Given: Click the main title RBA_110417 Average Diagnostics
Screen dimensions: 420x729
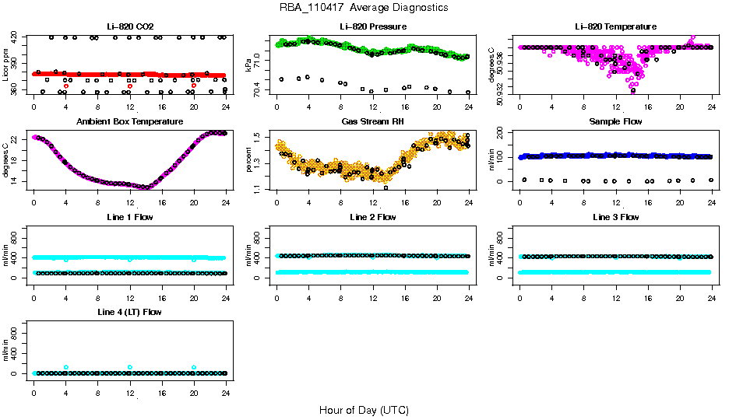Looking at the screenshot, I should pos(364,8).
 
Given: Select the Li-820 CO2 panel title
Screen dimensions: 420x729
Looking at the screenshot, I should pos(130,27).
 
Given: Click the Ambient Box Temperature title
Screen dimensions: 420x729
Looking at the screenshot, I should pos(130,122).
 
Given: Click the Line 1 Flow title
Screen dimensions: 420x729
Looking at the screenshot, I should pos(130,217).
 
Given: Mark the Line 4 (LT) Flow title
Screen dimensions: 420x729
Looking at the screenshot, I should pos(130,312).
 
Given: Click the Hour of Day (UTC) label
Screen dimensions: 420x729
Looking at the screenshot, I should pos(364,410).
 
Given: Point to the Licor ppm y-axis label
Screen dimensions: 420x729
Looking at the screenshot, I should pos(6,65).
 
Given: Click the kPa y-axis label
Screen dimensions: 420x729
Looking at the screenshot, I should pos(249,65).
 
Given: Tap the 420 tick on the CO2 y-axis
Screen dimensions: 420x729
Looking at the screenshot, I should pos(17,37).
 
